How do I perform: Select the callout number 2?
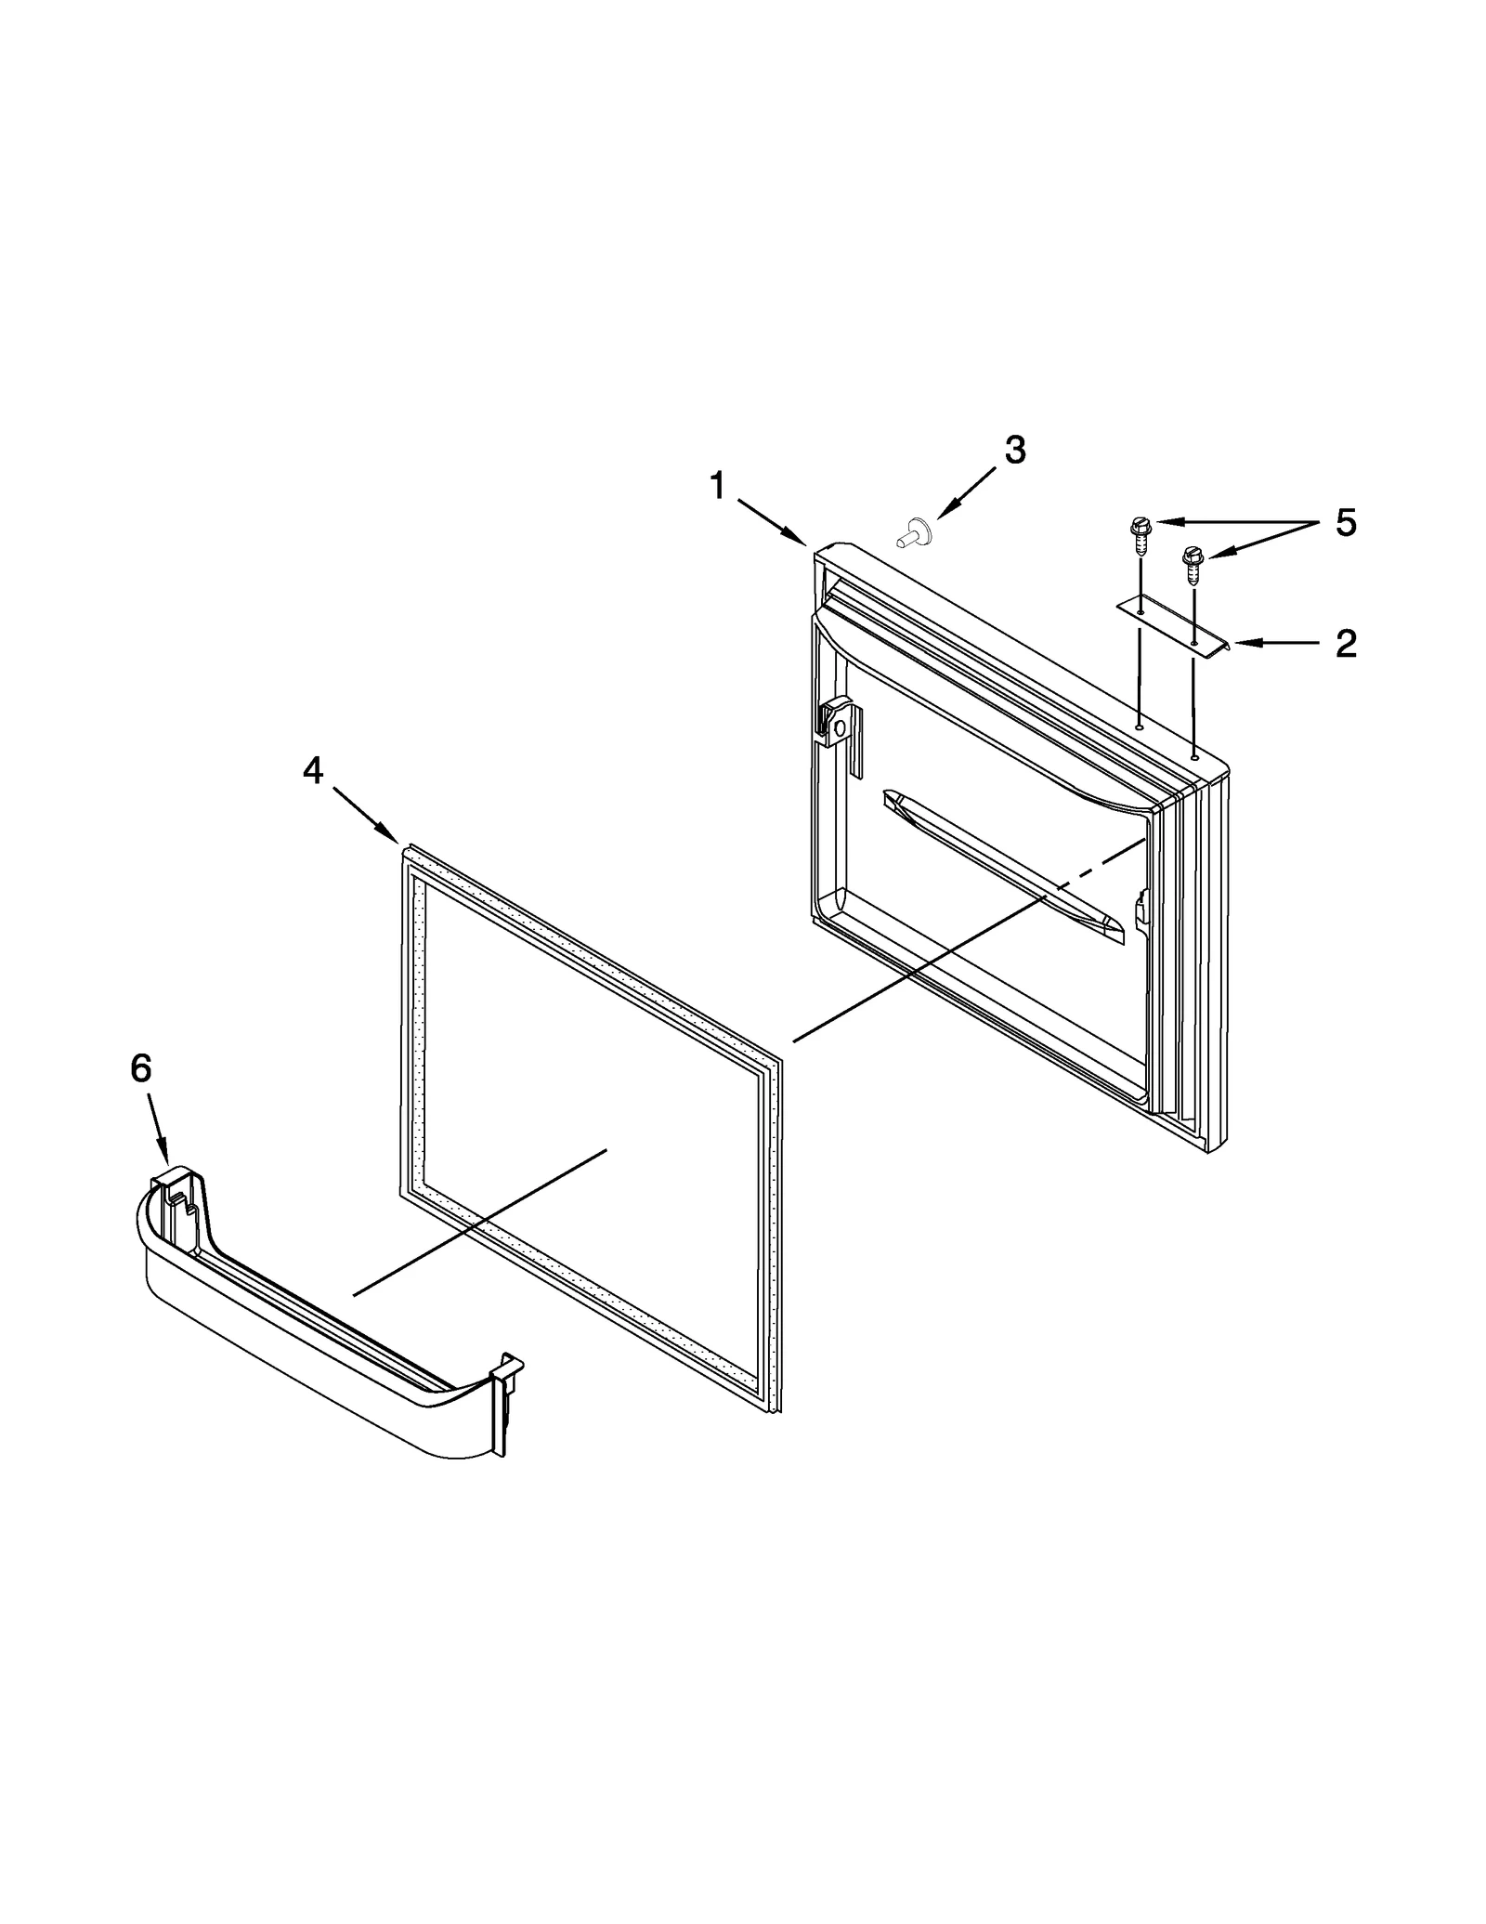click(1346, 643)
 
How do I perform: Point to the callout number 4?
click(313, 770)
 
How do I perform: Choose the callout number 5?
click(1346, 523)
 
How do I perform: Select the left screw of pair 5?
click(1138, 534)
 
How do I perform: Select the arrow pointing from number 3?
click(967, 491)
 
